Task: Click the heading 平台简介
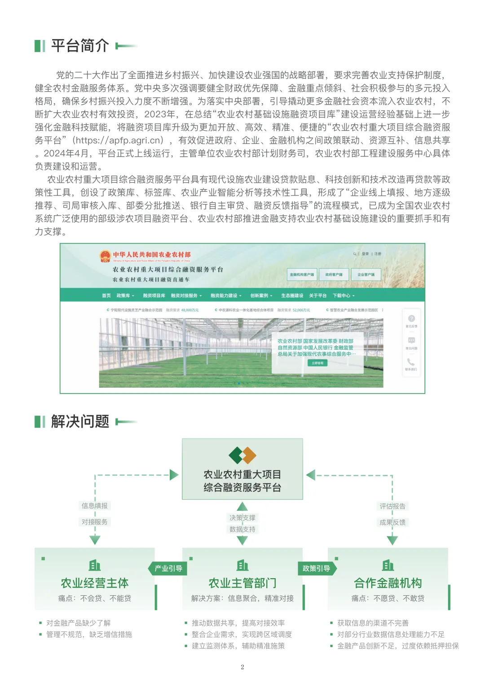[80, 45]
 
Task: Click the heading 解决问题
[80, 421]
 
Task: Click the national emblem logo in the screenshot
[105, 256]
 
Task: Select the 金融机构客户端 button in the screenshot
[302, 274]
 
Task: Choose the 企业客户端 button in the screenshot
[366, 274]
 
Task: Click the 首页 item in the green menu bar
[106, 296]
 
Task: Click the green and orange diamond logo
[242, 455]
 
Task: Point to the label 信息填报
[95, 506]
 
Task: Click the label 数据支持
[242, 529]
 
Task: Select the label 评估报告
[392, 506]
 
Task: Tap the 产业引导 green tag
[168, 568]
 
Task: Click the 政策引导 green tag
[317, 568]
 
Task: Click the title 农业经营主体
[95, 583]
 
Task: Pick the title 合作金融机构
[388, 583]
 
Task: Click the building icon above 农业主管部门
[242, 565]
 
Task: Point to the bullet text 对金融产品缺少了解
[78, 623]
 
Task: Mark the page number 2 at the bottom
[242, 667]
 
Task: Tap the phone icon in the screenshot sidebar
[411, 362]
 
